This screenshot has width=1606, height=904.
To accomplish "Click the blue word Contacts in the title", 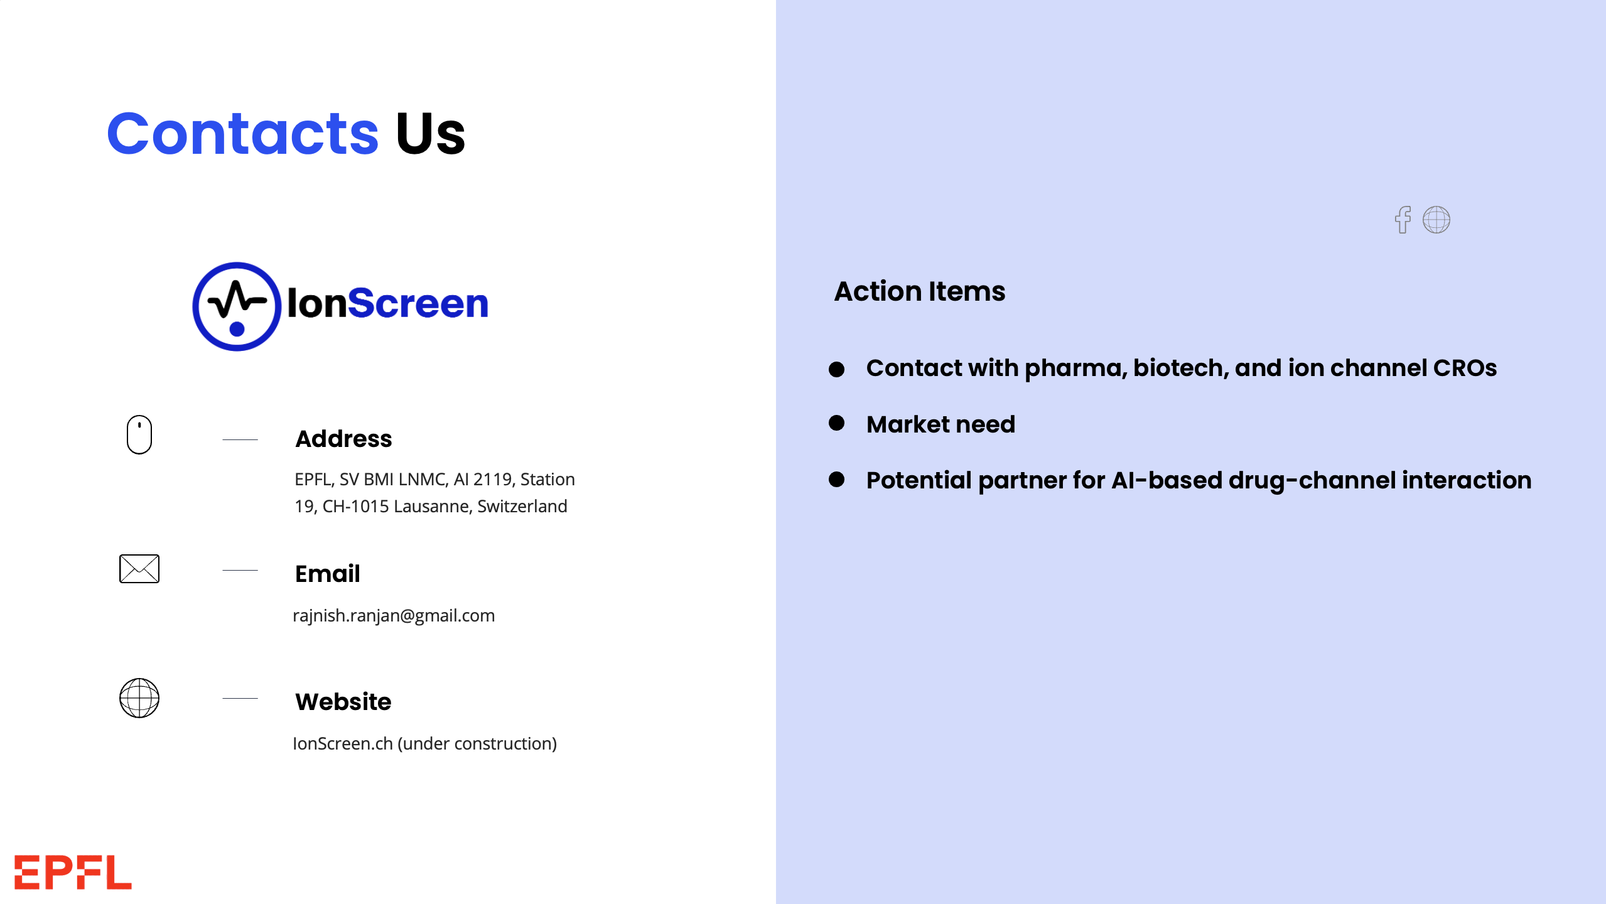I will pyautogui.click(x=243, y=133).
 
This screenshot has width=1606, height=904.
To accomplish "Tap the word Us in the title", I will pyautogui.click(x=431, y=133).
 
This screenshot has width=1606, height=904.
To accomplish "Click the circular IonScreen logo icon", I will pyautogui.click(x=237, y=306).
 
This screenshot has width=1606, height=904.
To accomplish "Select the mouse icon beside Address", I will pyautogui.click(x=139, y=434).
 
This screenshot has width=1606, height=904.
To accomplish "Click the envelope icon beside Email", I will pyautogui.click(x=139, y=569).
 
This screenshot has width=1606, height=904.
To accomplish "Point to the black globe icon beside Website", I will pyautogui.click(x=139, y=698).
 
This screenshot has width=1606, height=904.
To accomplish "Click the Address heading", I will pyautogui.click(x=343, y=439).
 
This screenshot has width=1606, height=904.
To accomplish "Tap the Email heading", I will pyautogui.click(x=327, y=574).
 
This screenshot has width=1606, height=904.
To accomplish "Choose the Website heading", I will pyautogui.click(x=343, y=702).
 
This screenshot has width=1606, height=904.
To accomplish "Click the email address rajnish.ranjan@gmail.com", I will pyautogui.click(x=394, y=615).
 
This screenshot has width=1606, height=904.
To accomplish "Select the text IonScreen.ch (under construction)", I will pyautogui.click(x=424, y=743).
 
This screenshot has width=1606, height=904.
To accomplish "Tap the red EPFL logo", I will pyautogui.click(x=73, y=873).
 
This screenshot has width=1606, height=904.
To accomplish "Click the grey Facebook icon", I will pyautogui.click(x=1403, y=220).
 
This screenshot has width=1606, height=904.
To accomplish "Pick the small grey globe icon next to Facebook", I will pyautogui.click(x=1436, y=220).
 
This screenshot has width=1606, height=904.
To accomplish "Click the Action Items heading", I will pyautogui.click(x=920, y=291).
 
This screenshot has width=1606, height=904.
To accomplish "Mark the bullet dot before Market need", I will pyautogui.click(x=836, y=423).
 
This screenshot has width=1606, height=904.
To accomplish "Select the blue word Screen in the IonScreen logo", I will pyautogui.click(x=418, y=304).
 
